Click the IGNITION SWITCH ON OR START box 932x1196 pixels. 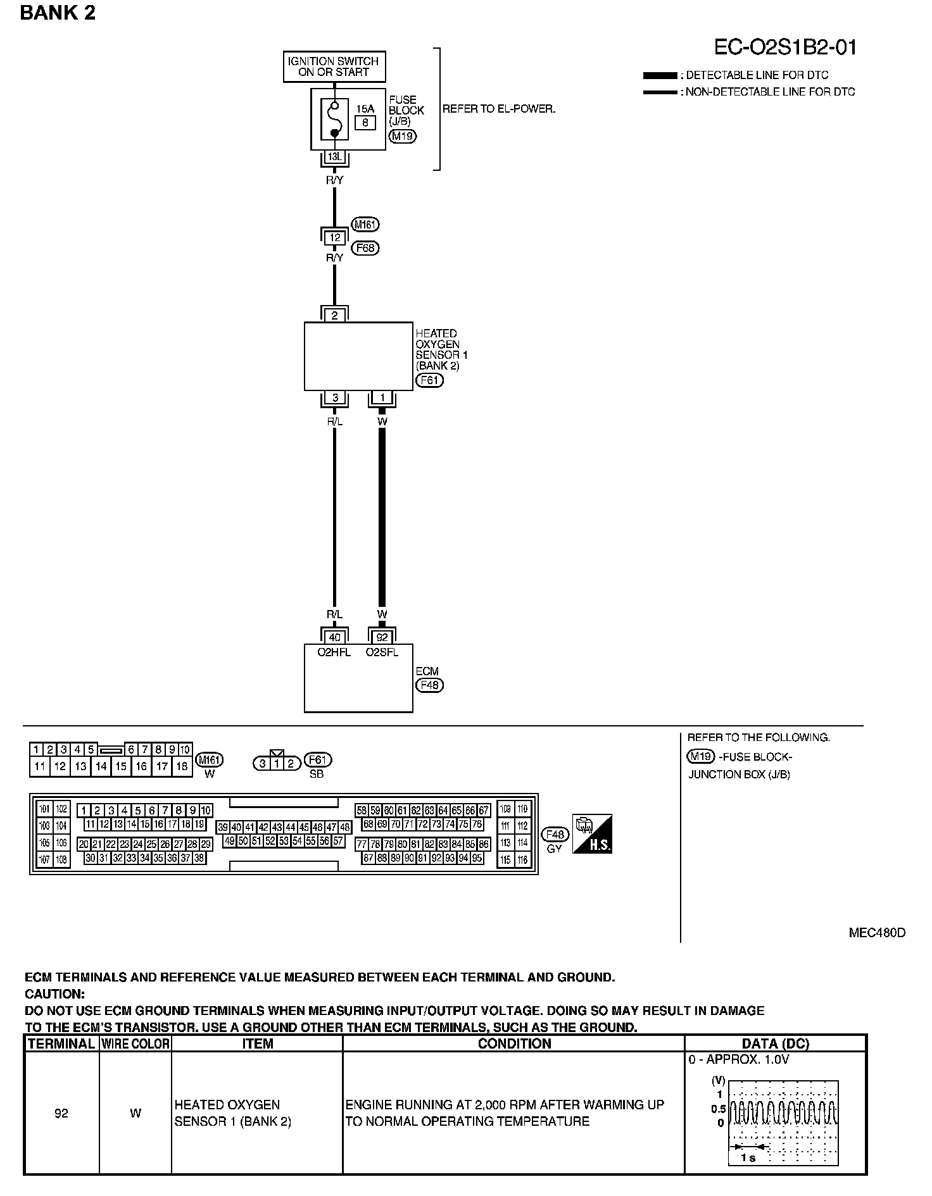click(334, 67)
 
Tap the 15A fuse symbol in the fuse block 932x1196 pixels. click(334, 119)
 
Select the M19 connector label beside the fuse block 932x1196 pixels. click(403, 136)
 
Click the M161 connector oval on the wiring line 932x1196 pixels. click(365, 225)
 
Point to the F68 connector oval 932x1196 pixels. click(365, 248)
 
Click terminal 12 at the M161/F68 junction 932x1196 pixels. click(335, 238)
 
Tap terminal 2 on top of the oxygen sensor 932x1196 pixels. click(335, 315)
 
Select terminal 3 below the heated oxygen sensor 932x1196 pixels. click(335, 398)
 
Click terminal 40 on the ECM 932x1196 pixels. click(335, 637)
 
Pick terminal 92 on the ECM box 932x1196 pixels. click(382, 637)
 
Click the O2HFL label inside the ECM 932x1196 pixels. click(334, 652)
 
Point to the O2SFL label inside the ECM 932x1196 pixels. click(382, 652)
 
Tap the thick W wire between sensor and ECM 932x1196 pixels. click(382, 519)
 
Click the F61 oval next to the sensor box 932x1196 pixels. click(429, 380)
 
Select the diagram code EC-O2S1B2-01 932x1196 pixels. click(785, 47)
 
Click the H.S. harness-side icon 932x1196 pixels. click(592, 834)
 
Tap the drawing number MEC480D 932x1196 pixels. click(877, 933)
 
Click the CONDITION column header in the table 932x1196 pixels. click(513, 1043)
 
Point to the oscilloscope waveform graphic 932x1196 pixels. click(783, 1122)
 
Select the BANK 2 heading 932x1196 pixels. click(58, 13)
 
